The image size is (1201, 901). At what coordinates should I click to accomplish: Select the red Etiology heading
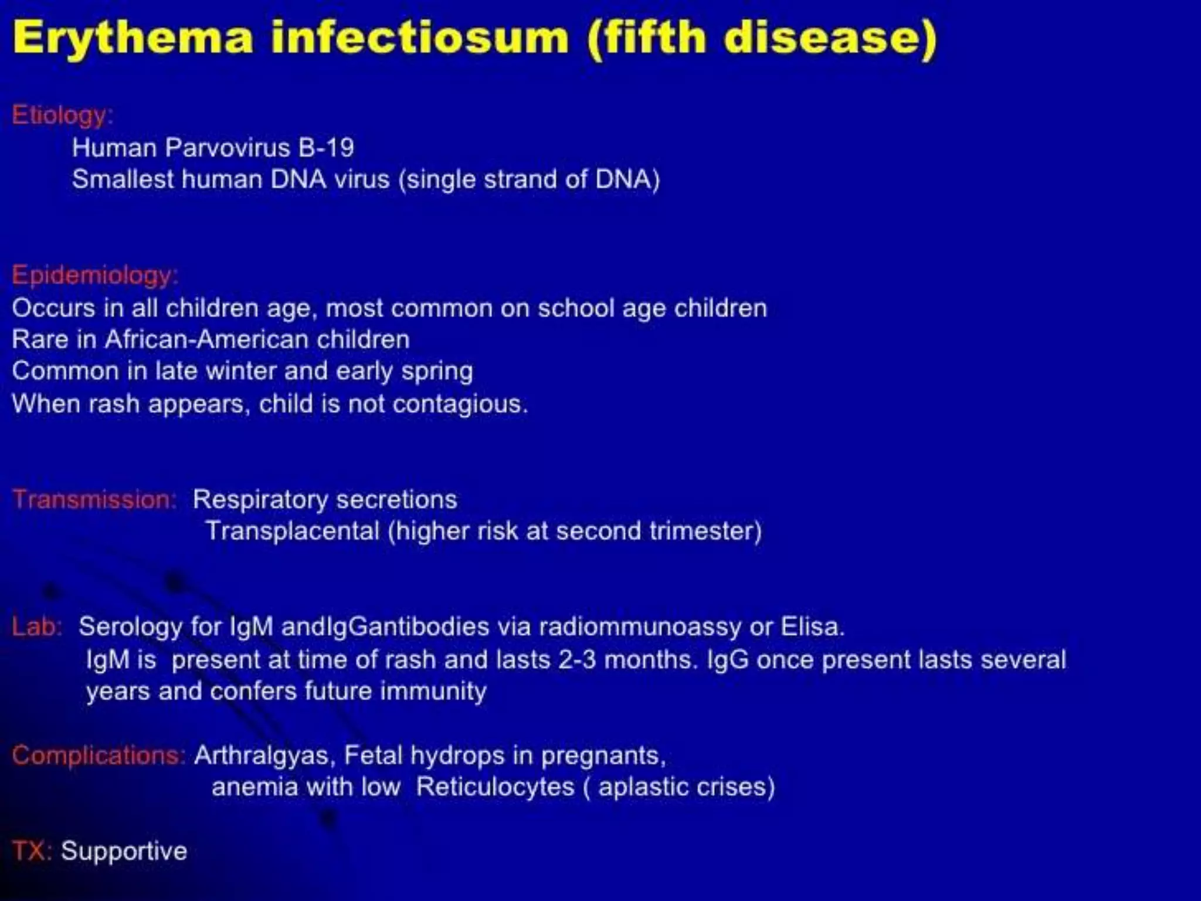click(62, 115)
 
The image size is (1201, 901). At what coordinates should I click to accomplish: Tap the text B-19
click(325, 148)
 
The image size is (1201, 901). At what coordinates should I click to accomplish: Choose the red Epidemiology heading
click(94, 276)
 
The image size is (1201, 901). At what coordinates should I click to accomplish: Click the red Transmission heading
click(94, 500)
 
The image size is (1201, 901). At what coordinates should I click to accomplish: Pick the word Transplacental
click(293, 531)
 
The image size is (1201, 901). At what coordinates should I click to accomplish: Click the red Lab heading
click(36, 627)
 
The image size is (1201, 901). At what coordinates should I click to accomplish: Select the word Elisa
click(812, 627)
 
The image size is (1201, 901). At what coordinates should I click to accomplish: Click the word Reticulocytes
click(495, 787)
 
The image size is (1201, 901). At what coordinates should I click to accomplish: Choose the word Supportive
click(124, 851)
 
